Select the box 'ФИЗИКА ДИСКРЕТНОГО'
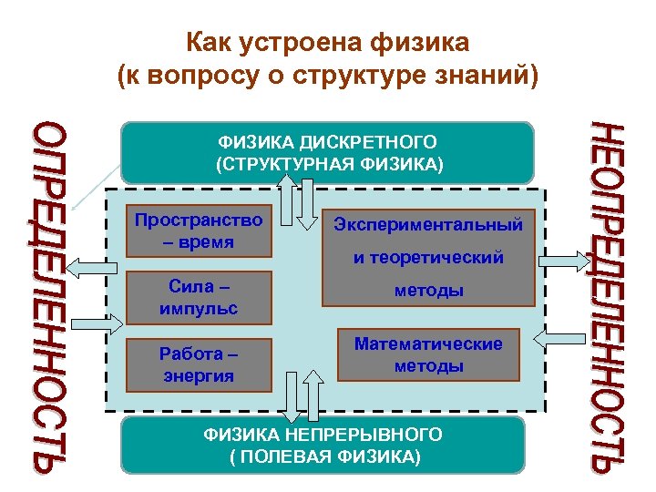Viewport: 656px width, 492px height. coord(327,143)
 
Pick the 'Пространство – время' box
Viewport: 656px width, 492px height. coord(198,231)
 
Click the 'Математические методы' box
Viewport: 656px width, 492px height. coord(427,355)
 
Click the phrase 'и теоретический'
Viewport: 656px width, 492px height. coord(428,258)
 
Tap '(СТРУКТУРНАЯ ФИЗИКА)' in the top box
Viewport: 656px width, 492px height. coord(327,164)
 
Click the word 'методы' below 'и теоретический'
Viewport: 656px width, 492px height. coord(428,291)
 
